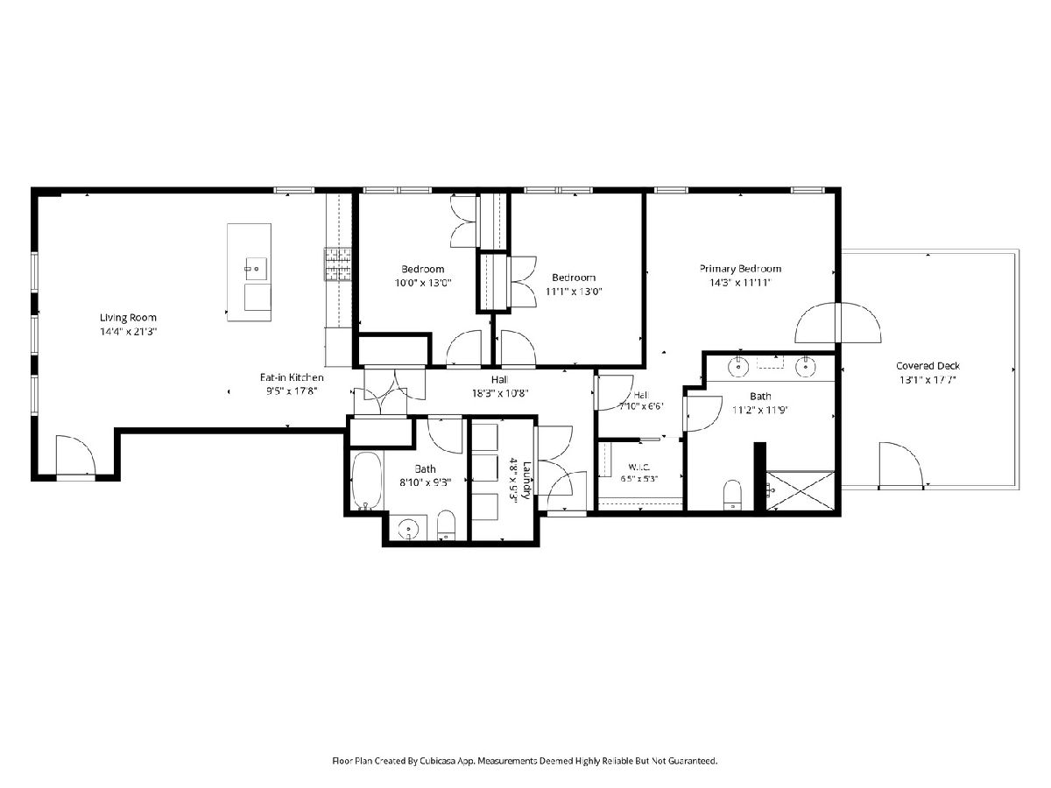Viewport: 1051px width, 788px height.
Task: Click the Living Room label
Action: tap(128, 318)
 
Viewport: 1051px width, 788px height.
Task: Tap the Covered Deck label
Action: tap(928, 366)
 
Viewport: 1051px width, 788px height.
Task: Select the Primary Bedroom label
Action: tap(740, 269)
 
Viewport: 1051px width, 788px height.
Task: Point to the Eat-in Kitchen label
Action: tap(292, 377)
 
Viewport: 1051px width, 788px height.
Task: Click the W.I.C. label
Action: tap(639, 467)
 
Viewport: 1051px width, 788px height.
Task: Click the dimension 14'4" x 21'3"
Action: tap(129, 332)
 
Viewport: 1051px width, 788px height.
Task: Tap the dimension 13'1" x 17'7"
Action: tap(928, 380)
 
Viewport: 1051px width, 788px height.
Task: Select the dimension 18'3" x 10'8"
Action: tap(500, 393)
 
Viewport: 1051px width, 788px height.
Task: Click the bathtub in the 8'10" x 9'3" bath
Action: tap(367, 481)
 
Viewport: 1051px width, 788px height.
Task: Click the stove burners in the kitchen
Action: tap(338, 264)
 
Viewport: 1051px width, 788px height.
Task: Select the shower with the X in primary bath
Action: tap(801, 491)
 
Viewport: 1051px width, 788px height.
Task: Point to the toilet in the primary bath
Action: tap(732, 496)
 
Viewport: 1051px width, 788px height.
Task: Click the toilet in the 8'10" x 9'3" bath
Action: tap(447, 524)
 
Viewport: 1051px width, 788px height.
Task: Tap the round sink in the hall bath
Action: tap(408, 529)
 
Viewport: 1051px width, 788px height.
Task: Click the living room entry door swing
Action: tap(75, 455)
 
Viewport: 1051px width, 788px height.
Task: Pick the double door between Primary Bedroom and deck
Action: tap(838, 322)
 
